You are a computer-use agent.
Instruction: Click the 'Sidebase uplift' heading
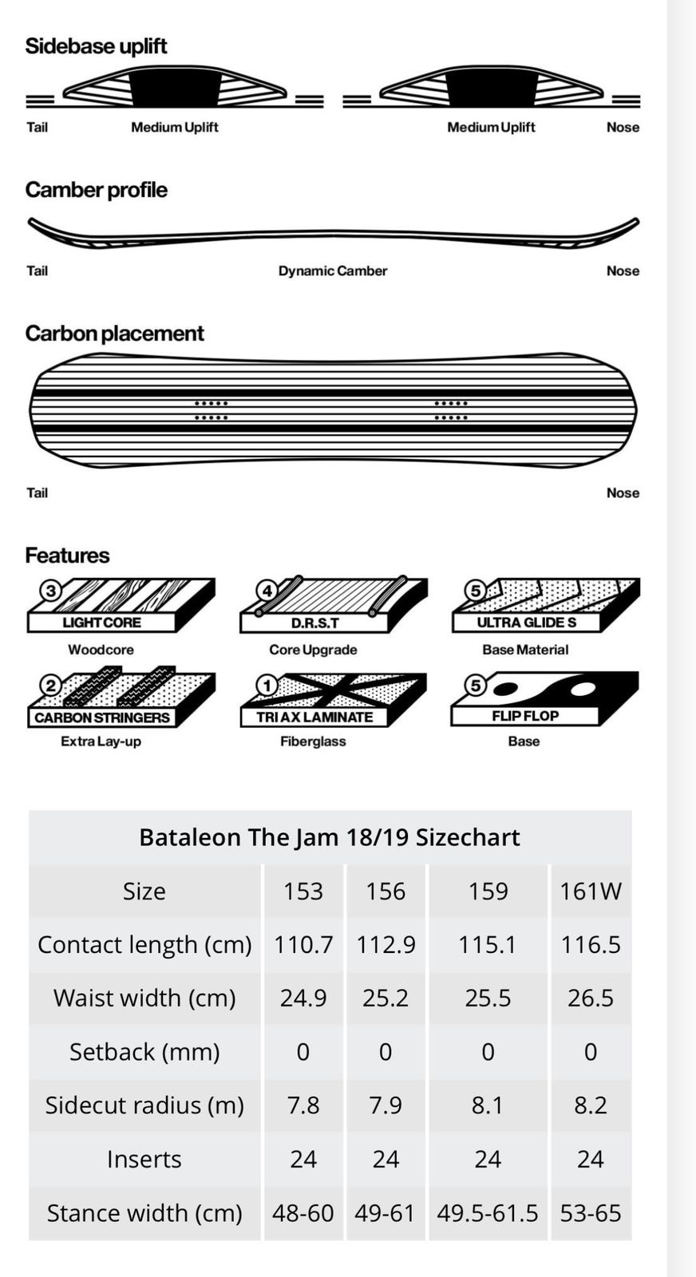click(96, 46)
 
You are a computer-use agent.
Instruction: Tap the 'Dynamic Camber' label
click(332, 271)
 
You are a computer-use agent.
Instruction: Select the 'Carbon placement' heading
click(114, 334)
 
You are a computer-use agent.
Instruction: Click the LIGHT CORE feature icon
click(121, 606)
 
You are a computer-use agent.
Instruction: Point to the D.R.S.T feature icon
click(334, 605)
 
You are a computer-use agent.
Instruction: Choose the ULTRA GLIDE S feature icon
click(545, 606)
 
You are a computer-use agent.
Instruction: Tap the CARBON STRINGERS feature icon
click(121, 697)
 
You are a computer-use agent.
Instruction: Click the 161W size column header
click(590, 891)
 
